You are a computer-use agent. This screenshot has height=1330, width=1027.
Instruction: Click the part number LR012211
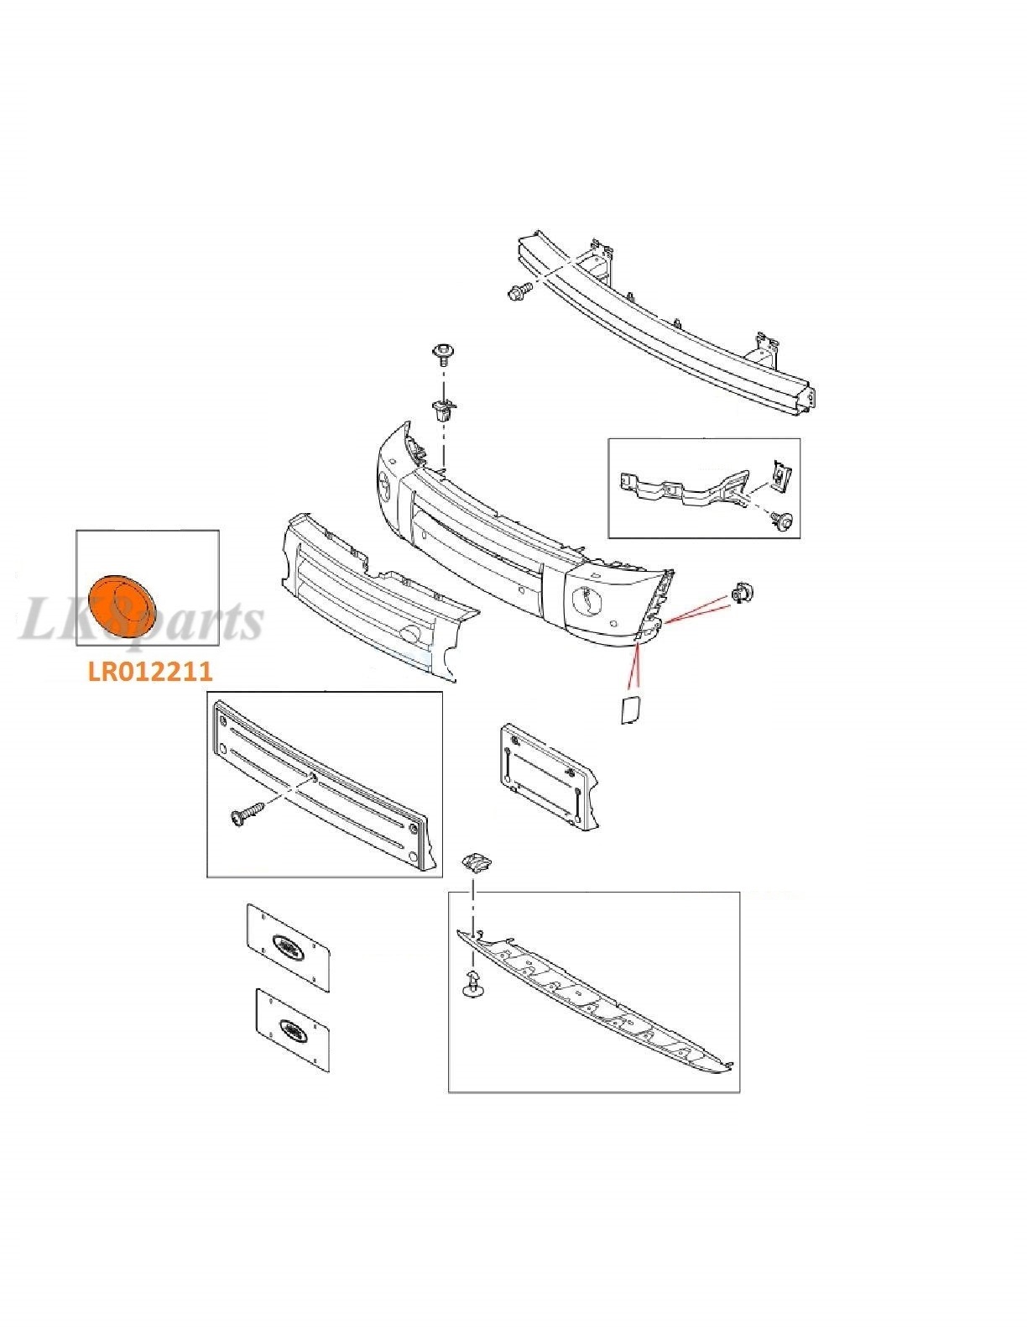point(149,671)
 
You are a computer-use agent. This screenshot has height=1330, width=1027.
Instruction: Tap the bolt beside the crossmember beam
point(517,292)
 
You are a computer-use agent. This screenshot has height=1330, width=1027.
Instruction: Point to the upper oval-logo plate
point(288,947)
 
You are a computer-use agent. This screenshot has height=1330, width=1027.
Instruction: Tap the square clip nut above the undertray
point(474,861)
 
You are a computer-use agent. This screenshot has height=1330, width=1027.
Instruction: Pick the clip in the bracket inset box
point(780,477)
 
